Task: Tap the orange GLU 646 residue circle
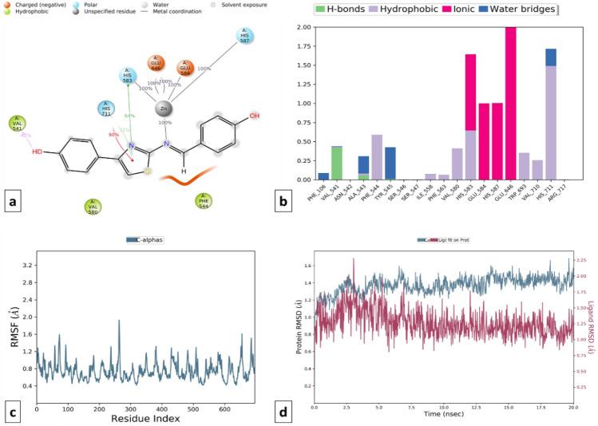coord(157,65)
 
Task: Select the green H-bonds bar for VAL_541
coord(337,164)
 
